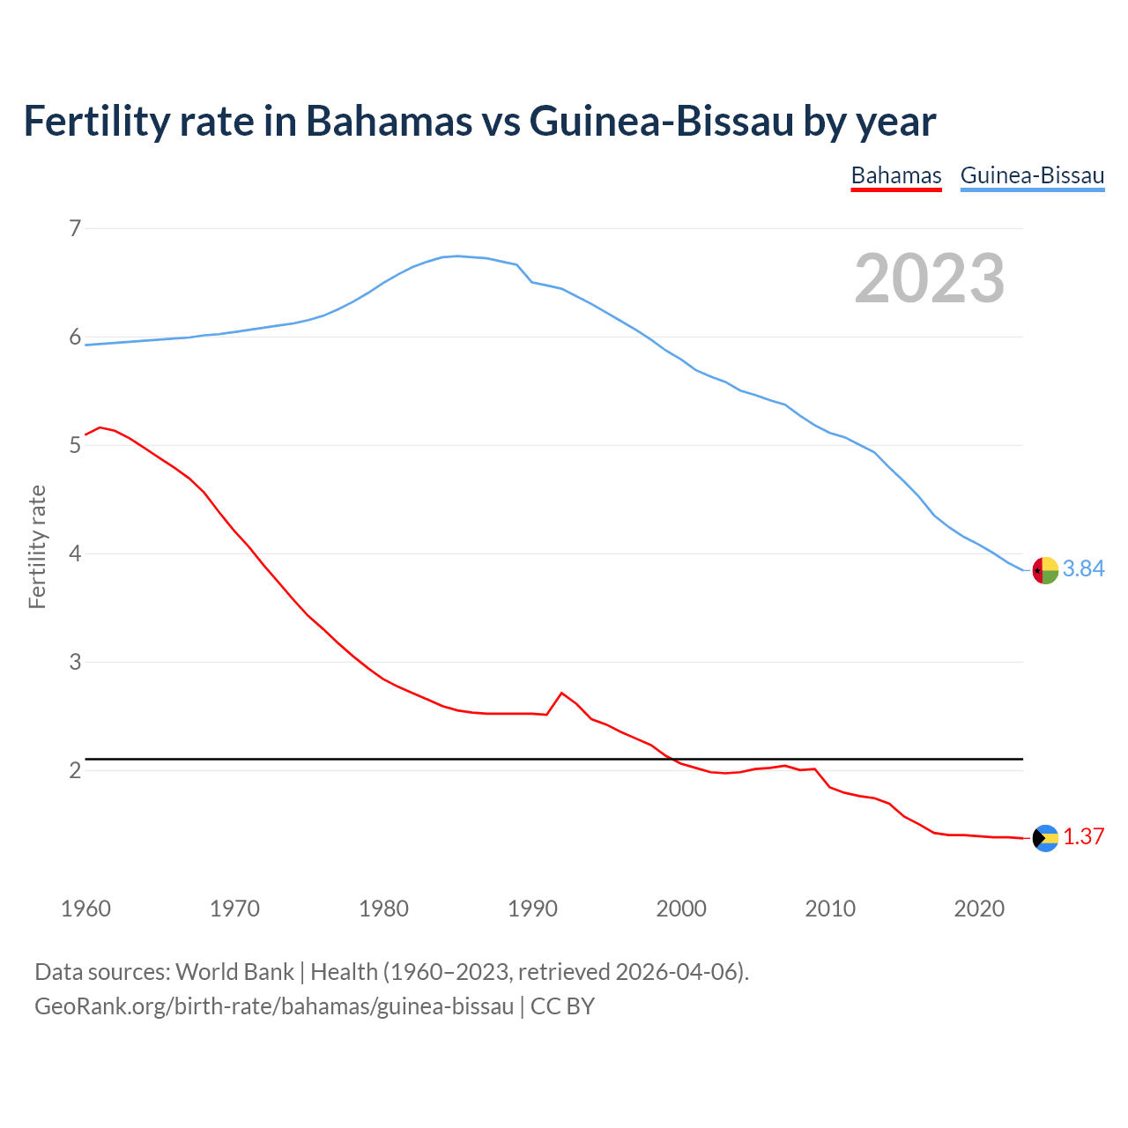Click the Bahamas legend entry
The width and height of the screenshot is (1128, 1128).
[x=895, y=175]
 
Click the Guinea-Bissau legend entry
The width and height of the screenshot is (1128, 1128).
[x=1032, y=175]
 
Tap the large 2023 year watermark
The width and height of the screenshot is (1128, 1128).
[x=929, y=278]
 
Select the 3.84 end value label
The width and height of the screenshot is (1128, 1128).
[x=1083, y=569]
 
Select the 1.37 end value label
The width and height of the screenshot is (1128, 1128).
[x=1083, y=837]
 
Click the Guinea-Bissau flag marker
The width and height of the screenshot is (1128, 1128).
[x=1045, y=571]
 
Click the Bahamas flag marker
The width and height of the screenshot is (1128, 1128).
[x=1045, y=838]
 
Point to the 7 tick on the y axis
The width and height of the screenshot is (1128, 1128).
[x=75, y=229]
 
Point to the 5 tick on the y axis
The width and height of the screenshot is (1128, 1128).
[x=75, y=446]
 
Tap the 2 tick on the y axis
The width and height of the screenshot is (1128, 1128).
[x=75, y=770]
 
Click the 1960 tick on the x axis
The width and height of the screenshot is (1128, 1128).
[x=85, y=909]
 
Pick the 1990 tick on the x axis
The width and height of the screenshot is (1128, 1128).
[x=532, y=909]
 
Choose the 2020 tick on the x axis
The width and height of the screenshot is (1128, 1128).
[x=979, y=909]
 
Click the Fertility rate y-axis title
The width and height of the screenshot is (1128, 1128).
[x=37, y=546]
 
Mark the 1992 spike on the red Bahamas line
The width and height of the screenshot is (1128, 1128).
[x=561, y=694]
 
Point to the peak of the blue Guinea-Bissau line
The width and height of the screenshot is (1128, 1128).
[x=456, y=256]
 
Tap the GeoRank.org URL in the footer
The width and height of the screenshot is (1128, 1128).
[x=273, y=1006]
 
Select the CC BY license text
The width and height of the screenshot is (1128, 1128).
[x=562, y=1006]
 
